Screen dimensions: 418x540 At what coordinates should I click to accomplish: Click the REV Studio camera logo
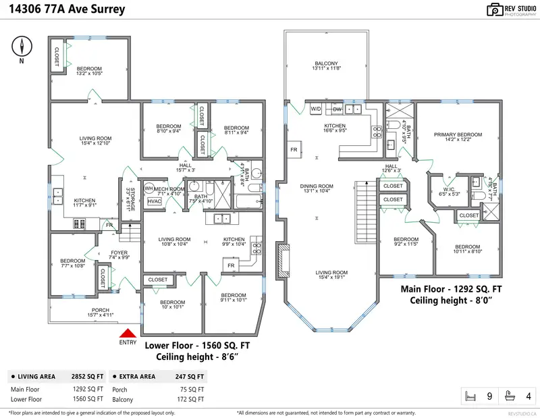[x=495, y=9]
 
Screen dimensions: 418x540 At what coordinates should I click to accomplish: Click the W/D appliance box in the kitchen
[x=316, y=108]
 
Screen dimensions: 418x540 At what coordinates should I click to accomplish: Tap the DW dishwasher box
[x=337, y=108]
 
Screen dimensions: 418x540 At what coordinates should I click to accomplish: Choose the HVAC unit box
[x=155, y=201]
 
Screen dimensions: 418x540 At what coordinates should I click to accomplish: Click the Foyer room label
[x=119, y=253]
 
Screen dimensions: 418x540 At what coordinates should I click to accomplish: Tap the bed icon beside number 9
[x=470, y=396]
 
